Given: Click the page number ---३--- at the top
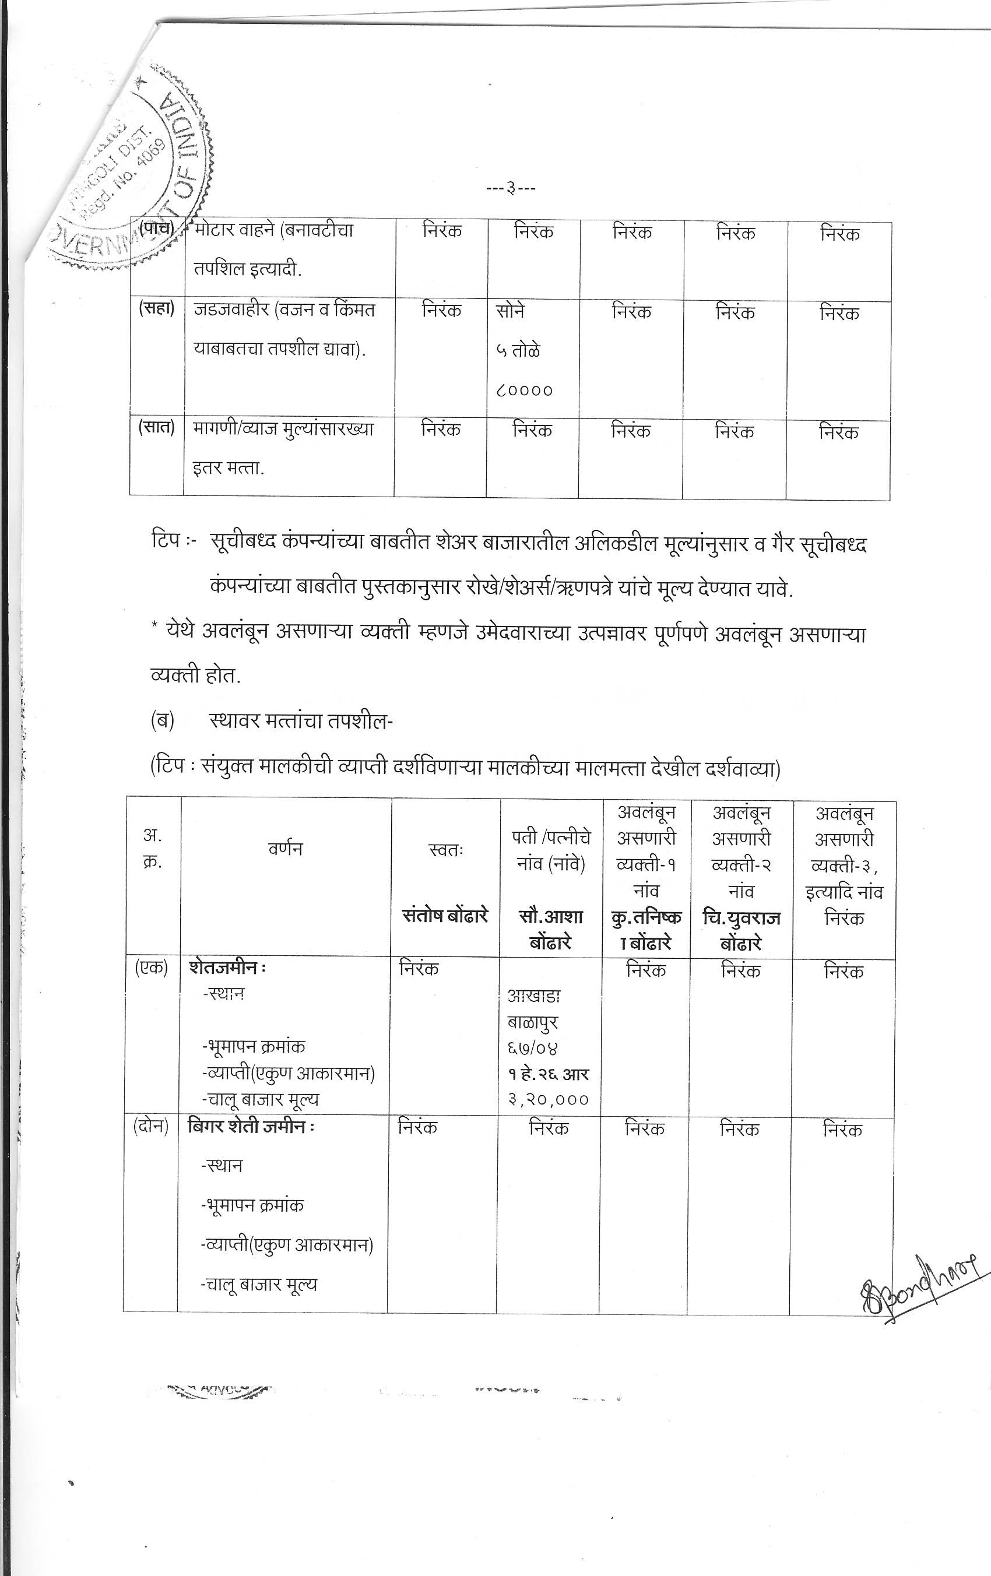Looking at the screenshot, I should click(511, 189).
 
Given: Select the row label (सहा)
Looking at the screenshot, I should click(156, 309).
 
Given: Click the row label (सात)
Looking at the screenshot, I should click(156, 427).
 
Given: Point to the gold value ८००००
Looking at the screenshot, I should click(524, 391).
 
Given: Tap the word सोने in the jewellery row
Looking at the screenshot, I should click(510, 311).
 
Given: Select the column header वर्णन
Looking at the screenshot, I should click(286, 849).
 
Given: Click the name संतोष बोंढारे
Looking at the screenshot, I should click(445, 915).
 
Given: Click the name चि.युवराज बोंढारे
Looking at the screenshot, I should click(741, 930).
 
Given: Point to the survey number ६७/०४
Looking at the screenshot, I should click(532, 1048).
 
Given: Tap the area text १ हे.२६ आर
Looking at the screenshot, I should click(549, 1074).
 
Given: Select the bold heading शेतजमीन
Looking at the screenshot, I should click(223, 968).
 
